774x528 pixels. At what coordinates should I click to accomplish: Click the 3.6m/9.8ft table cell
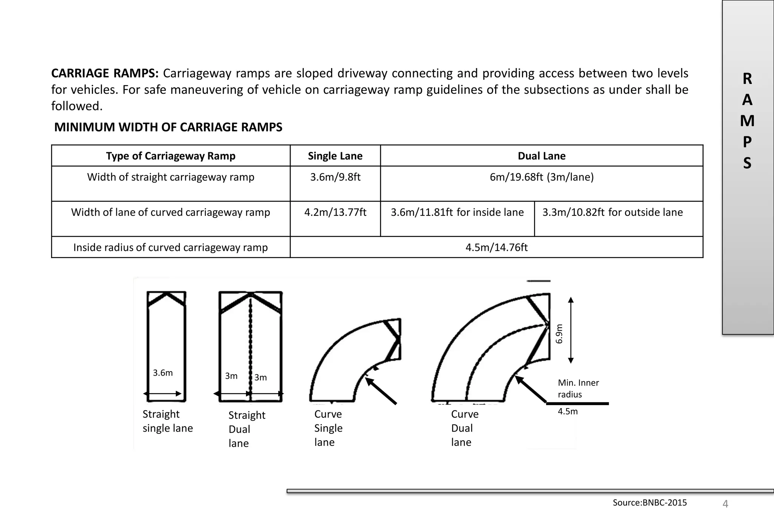(x=335, y=177)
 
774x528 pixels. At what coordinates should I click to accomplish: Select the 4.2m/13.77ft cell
(x=335, y=212)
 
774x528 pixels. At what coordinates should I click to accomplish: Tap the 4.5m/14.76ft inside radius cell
(x=496, y=248)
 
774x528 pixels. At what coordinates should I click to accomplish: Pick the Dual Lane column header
(x=541, y=156)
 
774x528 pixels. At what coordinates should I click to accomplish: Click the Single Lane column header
(x=335, y=156)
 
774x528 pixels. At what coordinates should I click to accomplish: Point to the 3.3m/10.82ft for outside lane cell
(x=612, y=212)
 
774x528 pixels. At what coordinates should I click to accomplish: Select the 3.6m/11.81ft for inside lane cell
(x=457, y=212)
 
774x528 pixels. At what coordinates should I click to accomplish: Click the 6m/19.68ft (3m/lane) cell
(x=541, y=177)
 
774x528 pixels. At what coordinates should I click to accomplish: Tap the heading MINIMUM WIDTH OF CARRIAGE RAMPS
(x=168, y=127)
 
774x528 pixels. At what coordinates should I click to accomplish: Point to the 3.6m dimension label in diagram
(x=163, y=373)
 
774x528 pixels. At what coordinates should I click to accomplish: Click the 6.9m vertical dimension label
(x=559, y=334)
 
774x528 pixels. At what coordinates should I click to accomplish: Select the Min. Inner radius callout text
(x=578, y=389)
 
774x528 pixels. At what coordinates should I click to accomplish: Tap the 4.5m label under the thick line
(x=568, y=412)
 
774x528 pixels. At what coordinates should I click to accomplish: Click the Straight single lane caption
(x=167, y=421)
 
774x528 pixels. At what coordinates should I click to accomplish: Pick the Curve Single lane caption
(x=328, y=428)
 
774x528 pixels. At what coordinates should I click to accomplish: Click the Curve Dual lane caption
(x=464, y=428)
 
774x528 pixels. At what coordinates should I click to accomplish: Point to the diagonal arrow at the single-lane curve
(x=381, y=391)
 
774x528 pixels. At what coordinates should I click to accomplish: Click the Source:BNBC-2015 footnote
(x=650, y=503)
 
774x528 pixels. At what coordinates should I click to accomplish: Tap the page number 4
(x=725, y=504)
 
